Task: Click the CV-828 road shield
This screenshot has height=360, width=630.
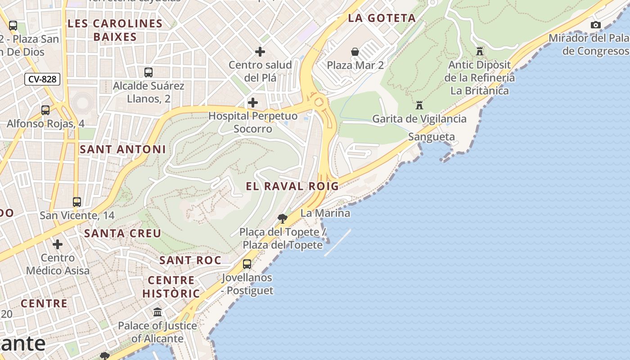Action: [42, 80]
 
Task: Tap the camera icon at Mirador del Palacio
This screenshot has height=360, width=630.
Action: [595, 25]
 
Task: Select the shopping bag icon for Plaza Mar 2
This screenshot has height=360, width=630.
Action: [355, 52]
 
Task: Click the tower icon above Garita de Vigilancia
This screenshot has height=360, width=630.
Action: [419, 105]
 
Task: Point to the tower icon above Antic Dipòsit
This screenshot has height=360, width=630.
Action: [480, 51]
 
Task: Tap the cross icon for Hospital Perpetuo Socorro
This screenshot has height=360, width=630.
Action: [253, 103]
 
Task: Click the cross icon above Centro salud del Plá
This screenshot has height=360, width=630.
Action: [260, 52]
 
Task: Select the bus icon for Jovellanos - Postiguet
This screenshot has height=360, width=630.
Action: [247, 264]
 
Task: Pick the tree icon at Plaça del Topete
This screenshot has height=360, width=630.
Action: [283, 219]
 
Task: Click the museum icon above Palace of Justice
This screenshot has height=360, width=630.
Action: [157, 312]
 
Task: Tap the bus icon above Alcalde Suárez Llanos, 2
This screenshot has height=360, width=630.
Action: [148, 72]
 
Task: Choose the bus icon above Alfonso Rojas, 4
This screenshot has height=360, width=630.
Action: [45, 110]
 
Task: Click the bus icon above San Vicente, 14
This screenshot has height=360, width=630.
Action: [77, 202]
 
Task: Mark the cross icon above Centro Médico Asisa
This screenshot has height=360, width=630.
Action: [58, 244]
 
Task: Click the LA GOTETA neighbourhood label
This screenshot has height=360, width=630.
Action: [382, 18]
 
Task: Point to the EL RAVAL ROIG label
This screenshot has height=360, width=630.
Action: [292, 186]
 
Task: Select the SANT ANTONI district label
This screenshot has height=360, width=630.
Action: [122, 149]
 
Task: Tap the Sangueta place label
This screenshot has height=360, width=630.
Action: [431, 137]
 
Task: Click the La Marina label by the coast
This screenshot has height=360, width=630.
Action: [325, 213]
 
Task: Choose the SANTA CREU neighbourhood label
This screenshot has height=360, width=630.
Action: [122, 233]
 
